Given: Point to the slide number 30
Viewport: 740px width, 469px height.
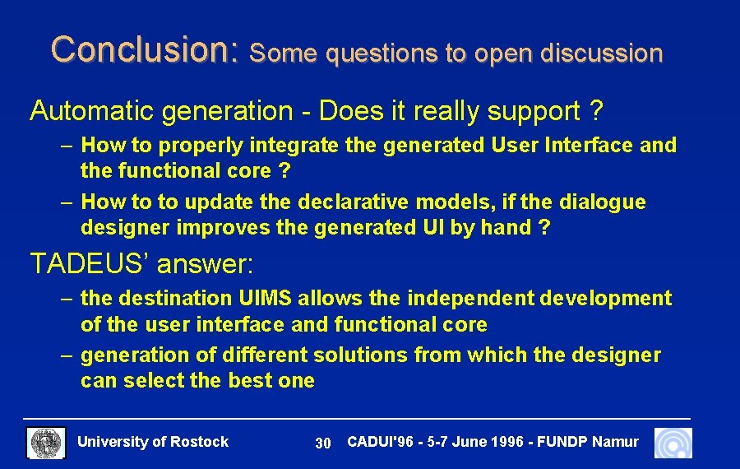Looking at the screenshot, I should click(x=323, y=443).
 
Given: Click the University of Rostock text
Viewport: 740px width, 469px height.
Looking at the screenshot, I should click(x=153, y=442).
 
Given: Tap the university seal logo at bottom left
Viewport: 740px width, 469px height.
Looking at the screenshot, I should click(x=46, y=443).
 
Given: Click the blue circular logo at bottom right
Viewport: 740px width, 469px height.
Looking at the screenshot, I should click(x=673, y=443).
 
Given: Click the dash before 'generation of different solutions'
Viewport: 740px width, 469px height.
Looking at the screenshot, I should click(x=67, y=355).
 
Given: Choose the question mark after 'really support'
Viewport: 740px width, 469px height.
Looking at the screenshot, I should click(x=596, y=111).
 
